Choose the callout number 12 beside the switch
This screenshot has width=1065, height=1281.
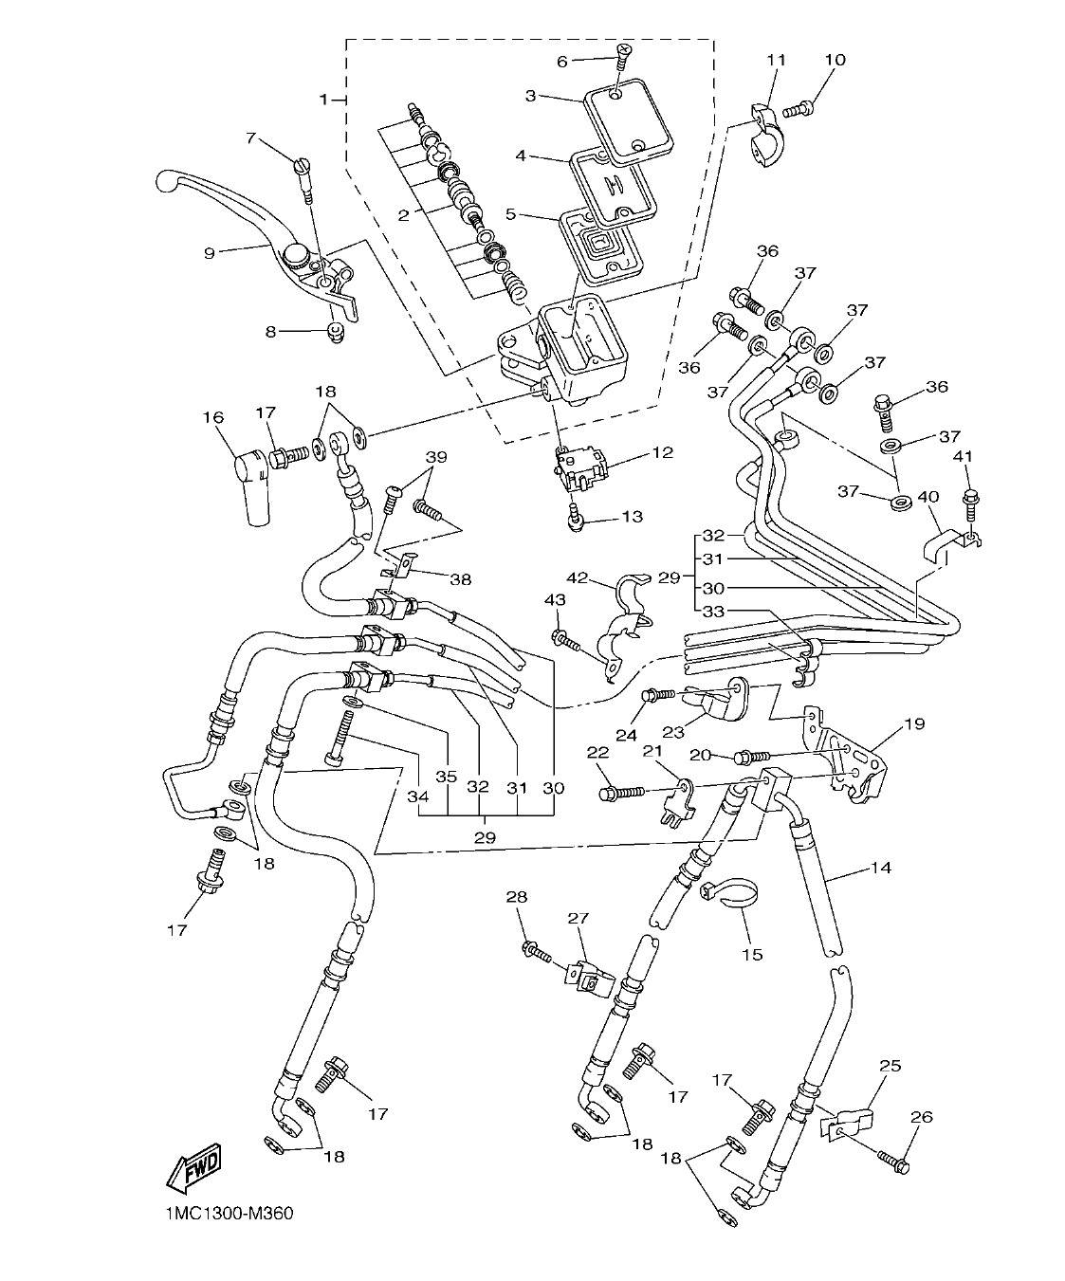661,452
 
